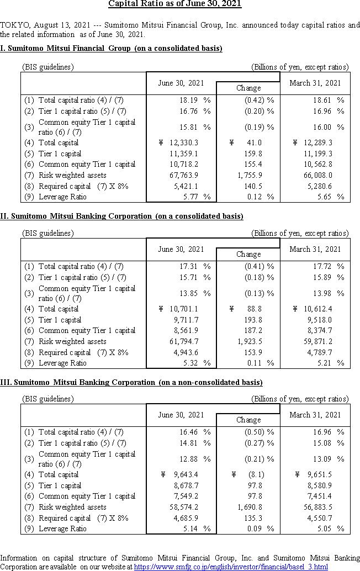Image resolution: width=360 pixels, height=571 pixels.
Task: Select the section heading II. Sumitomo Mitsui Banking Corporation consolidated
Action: click(121, 216)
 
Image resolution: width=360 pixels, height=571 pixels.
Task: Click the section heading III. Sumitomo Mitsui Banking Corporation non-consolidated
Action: click(131, 382)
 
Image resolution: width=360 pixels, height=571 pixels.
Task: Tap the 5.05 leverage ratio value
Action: click(326, 528)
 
